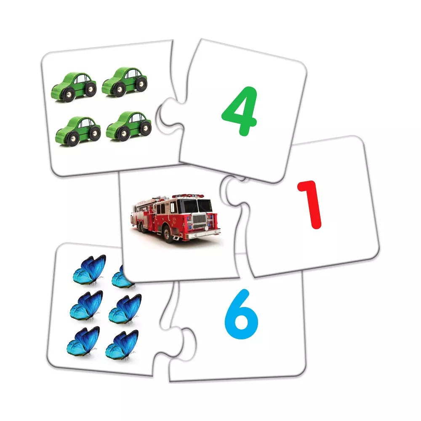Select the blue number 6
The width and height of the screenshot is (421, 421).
tap(242, 314)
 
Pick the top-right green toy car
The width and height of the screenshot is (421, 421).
tap(125, 82)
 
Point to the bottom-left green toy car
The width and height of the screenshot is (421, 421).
tap(78, 131)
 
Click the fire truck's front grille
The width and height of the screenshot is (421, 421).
tap(199, 221)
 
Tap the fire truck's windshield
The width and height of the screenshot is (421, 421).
tap(197, 205)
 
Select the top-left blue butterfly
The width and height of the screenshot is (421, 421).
tap(90, 269)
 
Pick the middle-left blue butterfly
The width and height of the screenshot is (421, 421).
tap(86, 306)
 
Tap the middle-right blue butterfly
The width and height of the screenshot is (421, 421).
tap(125, 309)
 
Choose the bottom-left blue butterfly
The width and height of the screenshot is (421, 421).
tap(83, 341)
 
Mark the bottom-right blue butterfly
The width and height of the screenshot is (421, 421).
tap(122, 345)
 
